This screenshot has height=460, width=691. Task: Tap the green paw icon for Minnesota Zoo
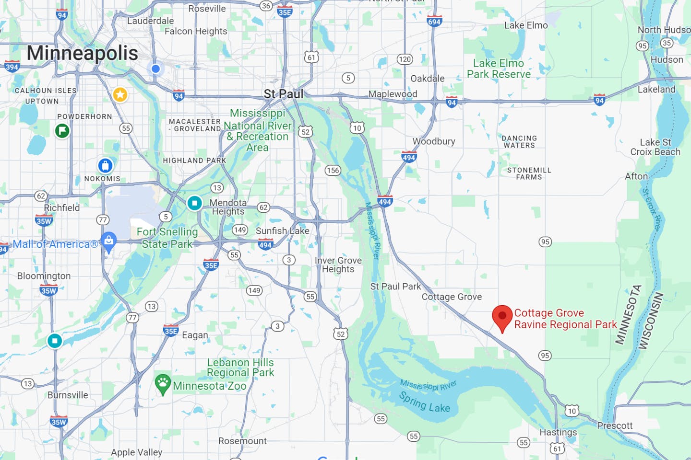163,384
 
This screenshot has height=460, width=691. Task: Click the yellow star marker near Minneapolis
120,94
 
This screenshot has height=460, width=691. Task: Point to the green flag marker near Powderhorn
62,130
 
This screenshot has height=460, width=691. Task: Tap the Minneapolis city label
82,53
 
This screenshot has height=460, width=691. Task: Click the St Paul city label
284,94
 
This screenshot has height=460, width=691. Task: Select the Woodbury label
434,141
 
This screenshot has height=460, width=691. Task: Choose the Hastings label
558,432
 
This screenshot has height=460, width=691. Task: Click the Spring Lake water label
425,402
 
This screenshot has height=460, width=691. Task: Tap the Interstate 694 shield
434,22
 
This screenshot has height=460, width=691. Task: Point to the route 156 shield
333,170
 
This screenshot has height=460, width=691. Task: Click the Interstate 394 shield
12,67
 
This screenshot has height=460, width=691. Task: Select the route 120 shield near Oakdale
405,59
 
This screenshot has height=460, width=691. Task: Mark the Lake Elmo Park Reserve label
499,69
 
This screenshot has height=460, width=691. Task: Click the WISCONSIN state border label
651,321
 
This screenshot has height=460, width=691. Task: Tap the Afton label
636,176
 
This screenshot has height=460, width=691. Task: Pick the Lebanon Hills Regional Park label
240,368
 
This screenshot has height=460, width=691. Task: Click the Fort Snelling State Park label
167,238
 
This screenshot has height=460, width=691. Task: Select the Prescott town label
615,425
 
